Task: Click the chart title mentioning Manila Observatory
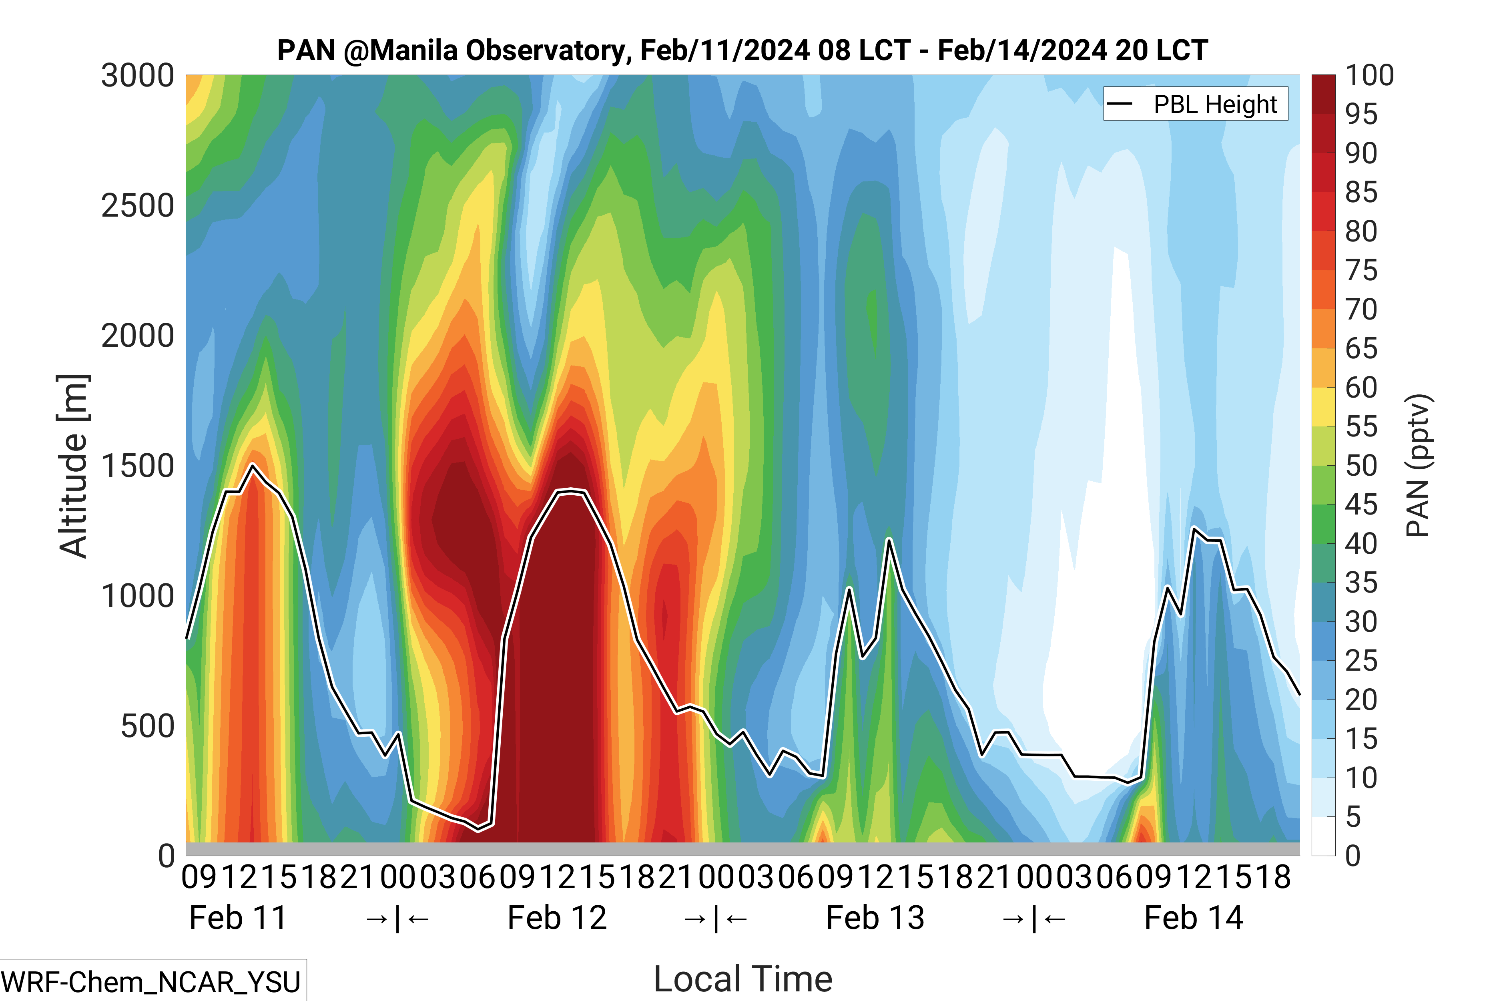click(742, 50)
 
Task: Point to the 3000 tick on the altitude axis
click(138, 76)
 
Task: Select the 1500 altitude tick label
click(138, 466)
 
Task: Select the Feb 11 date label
click(238, 918)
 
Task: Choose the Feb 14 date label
click(1194, 918)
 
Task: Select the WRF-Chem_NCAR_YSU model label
click(151, 982)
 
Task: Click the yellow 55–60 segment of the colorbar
click(1323, 407)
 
